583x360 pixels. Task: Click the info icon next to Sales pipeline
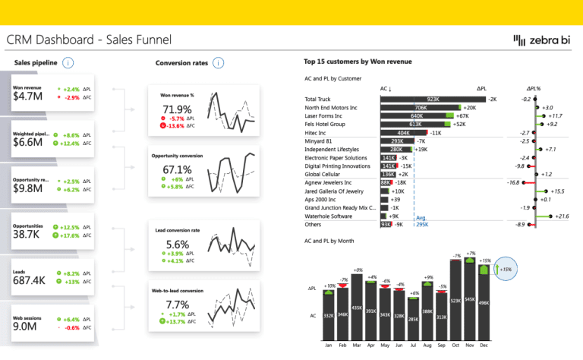click(69, 63)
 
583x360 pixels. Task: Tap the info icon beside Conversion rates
click(219, 63)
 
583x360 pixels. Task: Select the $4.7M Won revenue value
click(27, 96)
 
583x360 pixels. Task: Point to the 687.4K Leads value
click(30, 280)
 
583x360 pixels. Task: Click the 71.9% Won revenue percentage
click(177, 110)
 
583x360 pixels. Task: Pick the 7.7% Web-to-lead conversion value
click(177, 305)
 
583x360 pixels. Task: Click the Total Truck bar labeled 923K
click(432, 99)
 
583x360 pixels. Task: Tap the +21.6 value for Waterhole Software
click(562, 216)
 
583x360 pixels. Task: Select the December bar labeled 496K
click(484, 303)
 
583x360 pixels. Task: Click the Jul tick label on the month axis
click(413, 345)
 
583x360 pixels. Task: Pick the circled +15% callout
click(505, 269)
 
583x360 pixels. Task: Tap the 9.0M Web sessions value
click(26, 327)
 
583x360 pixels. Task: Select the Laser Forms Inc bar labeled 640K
click(415, 115)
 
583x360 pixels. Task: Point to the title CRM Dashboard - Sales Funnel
click(89, 39)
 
